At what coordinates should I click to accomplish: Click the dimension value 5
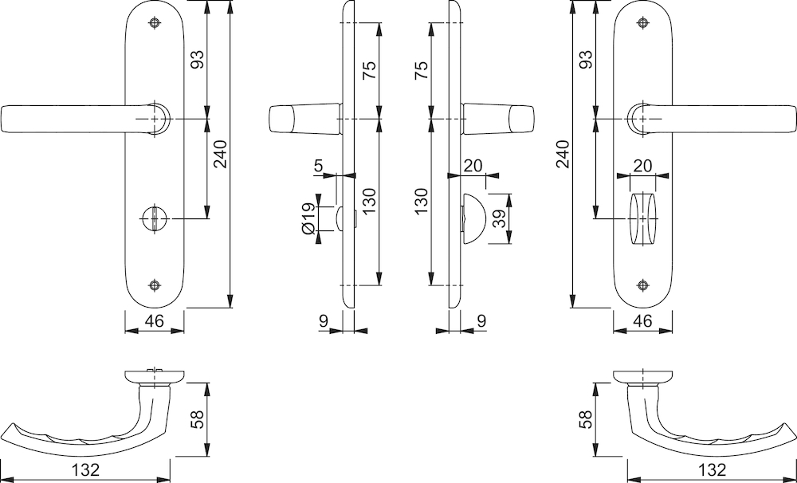[318, 166]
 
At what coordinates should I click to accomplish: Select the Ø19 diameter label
[308, 218]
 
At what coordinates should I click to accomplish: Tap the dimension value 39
[500, 218]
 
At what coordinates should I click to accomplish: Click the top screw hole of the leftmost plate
[155, 22]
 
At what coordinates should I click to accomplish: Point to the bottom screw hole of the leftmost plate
[155, 285]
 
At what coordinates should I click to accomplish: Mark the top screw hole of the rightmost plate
[643, 22]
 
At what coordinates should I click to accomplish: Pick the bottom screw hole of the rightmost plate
[643, 285]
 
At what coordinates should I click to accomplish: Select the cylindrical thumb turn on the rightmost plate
[643, 219]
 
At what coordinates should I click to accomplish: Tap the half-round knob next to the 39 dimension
[473, 218]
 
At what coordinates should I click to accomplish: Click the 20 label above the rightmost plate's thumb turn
[642, 166]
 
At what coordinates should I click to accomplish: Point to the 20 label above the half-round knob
[473, 166]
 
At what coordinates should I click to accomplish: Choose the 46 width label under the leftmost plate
[154, 321]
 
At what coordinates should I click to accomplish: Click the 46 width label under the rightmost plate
[642, 321]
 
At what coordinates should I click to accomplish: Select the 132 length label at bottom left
[85, 469]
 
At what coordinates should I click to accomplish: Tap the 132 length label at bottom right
[712, 469]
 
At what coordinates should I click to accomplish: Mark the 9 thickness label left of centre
[324, 321]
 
